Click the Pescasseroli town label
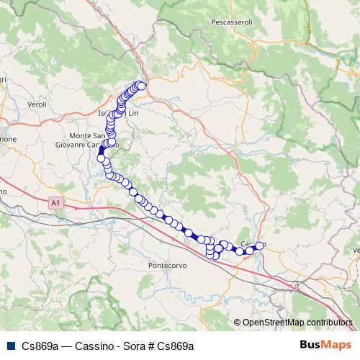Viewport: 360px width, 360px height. coord(230,22)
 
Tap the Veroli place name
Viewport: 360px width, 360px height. coord(36,104)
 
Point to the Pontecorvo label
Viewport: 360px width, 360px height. coord(167,265)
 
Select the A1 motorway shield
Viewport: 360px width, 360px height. coord(55,204)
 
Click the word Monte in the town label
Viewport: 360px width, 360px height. coord(81,135)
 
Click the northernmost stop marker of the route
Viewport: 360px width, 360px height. coord(141,86)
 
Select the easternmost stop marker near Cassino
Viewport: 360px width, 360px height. coord(260,246)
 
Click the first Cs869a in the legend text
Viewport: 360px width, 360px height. coord(39,346)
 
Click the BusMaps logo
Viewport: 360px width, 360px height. coord(325,345)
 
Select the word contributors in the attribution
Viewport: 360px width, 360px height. coord(327,323)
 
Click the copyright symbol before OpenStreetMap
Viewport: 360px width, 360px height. coord(238,323)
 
